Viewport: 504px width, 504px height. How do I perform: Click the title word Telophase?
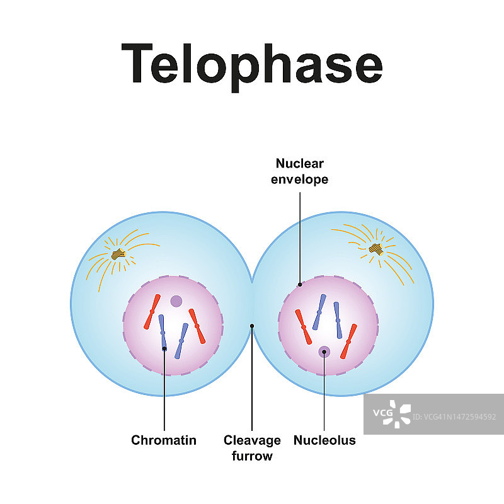click(x=252, y=64)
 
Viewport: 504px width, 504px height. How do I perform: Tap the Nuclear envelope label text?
click(x=299, y=171)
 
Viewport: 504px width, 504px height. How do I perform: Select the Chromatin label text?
click(x=164, y=440)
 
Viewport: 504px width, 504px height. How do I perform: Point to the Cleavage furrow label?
click(x=252, y=447)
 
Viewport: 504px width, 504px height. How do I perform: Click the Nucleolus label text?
click(x=324, y=440)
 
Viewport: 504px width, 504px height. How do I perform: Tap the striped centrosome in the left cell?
click(x=118, y=255)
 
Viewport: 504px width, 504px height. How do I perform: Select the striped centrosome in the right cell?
click(x=376, y=249)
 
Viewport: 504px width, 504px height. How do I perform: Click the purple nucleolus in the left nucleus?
click(x=176, y=302)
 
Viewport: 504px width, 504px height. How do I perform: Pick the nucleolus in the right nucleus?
click(x=324, y=352)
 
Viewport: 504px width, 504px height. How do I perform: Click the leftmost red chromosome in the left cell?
click(x=151, y=312)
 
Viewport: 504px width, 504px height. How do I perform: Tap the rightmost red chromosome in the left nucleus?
click(x=197, y=326)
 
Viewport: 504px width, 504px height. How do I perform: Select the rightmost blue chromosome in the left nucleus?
click(x=181, y=341)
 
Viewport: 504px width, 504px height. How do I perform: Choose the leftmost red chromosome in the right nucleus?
click(x=304, y=327)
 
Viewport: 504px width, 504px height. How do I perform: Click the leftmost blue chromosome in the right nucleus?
click(x=319, y=311)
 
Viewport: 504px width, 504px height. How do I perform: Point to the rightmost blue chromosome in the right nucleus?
click(x=338, y=320)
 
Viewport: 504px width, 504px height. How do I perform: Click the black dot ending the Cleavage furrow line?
click(x=252, y=326)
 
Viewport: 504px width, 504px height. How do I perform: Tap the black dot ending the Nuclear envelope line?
click(x=300, y=284)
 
